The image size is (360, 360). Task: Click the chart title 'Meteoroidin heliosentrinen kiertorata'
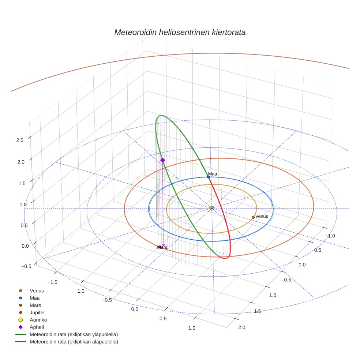pos(180,32)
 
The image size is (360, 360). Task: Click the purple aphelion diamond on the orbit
pos(162,160)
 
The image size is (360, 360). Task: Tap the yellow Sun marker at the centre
pos(212,208)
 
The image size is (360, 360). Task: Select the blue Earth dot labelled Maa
pos(208,177)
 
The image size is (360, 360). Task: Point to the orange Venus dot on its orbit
pos(253,217)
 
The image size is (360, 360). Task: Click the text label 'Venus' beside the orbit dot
pos(262,216)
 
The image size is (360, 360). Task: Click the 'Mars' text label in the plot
pos(162,248)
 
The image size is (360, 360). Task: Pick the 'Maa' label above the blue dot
pos(212,173)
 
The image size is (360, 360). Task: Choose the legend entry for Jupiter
pos(37,313)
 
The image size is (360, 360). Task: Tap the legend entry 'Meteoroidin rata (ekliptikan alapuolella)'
pos(74,342)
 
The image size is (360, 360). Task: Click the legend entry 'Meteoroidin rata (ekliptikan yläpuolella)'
pos(74,335)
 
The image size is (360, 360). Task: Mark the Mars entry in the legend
pos(35,305)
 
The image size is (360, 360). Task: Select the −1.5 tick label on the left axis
pos(53,282)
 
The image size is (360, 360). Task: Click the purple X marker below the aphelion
pos(163,245)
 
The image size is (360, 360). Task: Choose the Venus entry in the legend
pos(37,291)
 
